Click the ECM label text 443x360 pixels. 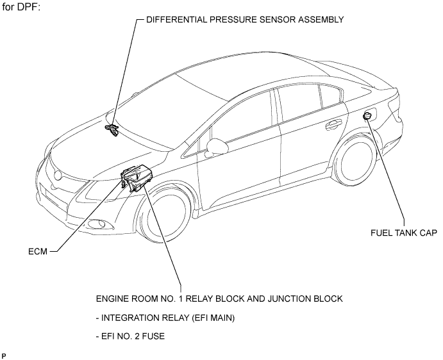(x=38, y=251)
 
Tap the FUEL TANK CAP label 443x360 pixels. (x=404, y=233)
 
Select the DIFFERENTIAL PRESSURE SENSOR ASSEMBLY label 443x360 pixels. (x=245, y=19)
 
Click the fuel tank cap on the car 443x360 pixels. (x=367, y=115)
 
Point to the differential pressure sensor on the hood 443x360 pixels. (x=112, y=129)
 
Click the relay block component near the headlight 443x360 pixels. (x=136, y=177)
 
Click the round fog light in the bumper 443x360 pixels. (x=97, y=224)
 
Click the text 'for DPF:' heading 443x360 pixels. (x=21, y=7)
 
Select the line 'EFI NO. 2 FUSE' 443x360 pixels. (x=130, y=336)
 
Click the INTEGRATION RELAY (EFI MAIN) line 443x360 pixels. (x=165, y=318)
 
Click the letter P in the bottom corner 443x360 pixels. (x=4, y=356)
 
